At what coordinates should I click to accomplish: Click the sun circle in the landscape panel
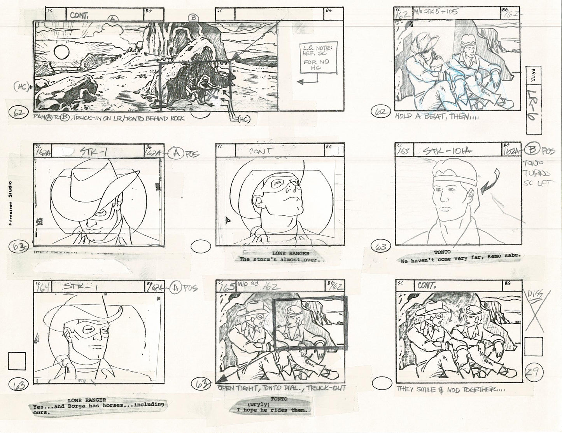tap(61, 52)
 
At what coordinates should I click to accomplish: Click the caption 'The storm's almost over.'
tap(280, 259)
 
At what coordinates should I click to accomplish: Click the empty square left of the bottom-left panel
tap(17, 361)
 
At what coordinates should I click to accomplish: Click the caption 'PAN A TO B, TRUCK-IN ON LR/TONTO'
tap(109, 118)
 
